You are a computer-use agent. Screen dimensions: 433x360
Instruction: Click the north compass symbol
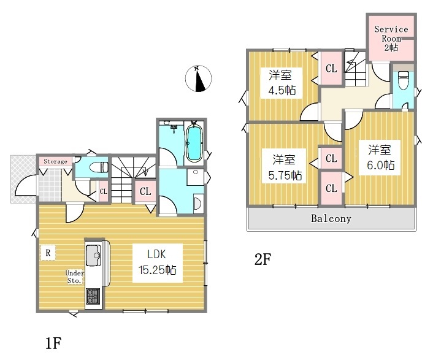pos(198,79)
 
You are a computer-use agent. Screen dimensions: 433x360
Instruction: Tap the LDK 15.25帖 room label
pos(157,262)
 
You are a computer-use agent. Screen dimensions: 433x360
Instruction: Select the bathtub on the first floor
pos(194,142)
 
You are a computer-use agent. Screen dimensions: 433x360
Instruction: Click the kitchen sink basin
pos(93,255)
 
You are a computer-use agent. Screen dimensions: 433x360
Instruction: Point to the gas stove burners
pos(93,296)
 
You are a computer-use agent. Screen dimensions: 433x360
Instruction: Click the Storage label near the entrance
pos(56,161)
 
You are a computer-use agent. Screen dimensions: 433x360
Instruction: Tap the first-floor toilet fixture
pos(99,167)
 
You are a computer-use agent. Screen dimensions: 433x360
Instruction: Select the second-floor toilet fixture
pos(404,80)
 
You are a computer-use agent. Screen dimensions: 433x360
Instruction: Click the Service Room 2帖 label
pos(391,39)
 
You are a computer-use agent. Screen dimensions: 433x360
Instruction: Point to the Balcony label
pos(331,219)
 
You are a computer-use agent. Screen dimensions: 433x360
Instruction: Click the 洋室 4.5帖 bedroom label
pos(282,83)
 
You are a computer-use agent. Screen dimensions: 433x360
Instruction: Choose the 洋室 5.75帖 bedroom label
pos(285,167)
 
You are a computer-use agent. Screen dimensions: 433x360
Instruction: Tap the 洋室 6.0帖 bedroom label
pos(380,158)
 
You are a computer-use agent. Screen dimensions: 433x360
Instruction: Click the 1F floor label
pos(53,343)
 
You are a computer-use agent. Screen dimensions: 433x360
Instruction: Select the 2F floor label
pos(262,259)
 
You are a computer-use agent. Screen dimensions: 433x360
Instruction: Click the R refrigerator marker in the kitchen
pos(48,253)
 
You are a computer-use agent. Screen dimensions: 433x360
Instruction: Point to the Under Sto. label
pos(75,277)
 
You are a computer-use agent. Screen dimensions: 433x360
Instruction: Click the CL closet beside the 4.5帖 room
pos(331,68)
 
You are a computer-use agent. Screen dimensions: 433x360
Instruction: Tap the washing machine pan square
pos(195,177)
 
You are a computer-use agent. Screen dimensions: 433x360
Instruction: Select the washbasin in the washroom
pos(198,204)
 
